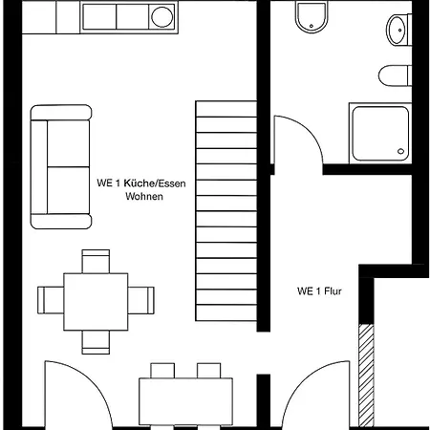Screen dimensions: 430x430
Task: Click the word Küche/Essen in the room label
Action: click(155, 183)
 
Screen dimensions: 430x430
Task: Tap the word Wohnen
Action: click(144, 196)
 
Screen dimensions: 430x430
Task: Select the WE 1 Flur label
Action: click(319, 291)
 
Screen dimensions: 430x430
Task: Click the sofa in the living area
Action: click(61, 166)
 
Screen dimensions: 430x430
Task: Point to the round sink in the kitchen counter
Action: click(162, 16)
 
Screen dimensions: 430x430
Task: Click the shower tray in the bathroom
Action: click(380, 134)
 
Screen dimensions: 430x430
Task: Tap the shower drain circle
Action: click(400, 151)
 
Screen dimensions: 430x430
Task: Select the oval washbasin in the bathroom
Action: click(397, 30)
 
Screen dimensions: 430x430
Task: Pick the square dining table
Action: click(96, 302)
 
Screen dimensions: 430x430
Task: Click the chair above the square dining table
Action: click(96, 261)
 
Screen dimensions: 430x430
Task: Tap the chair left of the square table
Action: click(51, 300)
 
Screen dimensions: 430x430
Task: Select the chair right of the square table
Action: click(141, 300)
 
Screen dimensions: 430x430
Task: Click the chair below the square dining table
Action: click(96, 342)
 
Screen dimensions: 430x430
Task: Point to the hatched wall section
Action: click(366, 376)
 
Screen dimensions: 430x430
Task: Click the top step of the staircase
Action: click(226, 109)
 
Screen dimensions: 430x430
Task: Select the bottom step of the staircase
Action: click(226, 312)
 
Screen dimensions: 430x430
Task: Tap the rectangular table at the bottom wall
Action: click(185, 401)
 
